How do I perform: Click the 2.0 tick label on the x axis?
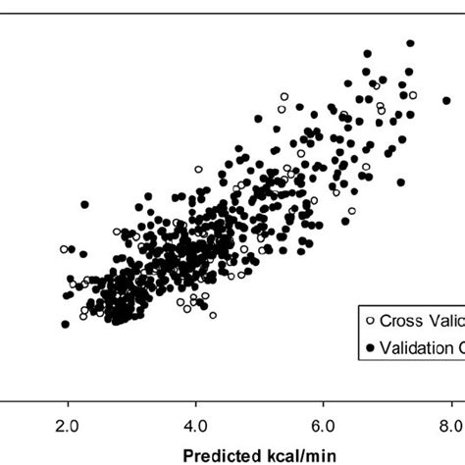point(68,423)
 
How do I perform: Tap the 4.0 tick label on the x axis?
point(196,423)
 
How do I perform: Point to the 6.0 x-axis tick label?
point(324,423)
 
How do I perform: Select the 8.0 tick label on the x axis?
point(451,423)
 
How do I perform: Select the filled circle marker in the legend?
point(369,347)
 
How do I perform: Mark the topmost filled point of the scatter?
point(410,43)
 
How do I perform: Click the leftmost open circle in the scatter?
point(64,249)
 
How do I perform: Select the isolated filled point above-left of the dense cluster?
point(84,204)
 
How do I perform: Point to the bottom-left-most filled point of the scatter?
point(65,324)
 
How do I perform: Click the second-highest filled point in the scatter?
point(368,53)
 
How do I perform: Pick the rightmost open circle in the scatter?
point(413,95)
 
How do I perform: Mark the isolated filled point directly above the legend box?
point(402,181)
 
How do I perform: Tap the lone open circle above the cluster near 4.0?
point(199,171)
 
